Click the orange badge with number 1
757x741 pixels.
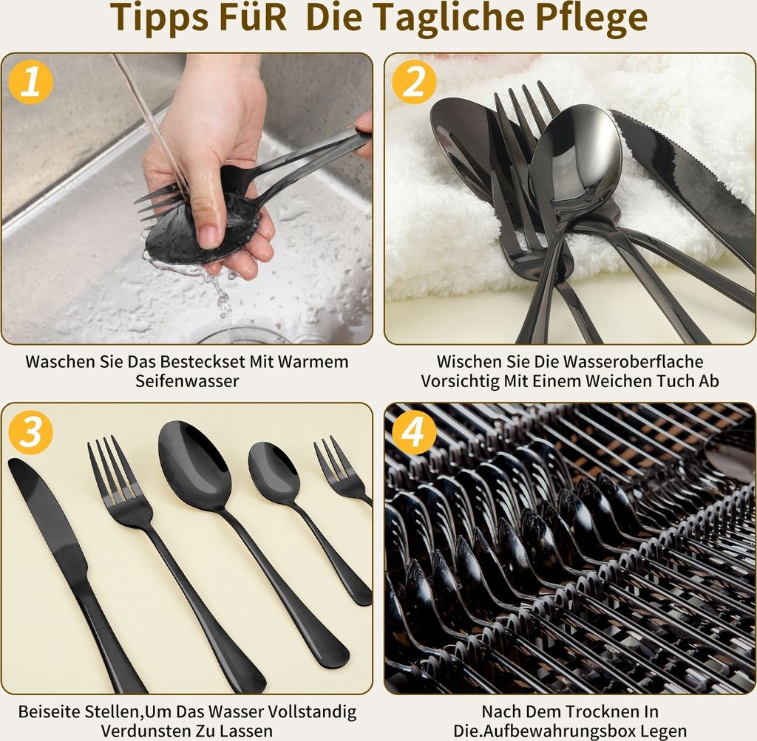tap(30, 82)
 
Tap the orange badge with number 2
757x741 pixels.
tap(414, 82)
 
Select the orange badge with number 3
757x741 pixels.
tap(30, 431)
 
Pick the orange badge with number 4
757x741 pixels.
tap(414, 431)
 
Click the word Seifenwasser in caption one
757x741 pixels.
tap(187, 381)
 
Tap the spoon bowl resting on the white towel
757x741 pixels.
tap(577, 157)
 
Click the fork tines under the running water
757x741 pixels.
tap(157, 202)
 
